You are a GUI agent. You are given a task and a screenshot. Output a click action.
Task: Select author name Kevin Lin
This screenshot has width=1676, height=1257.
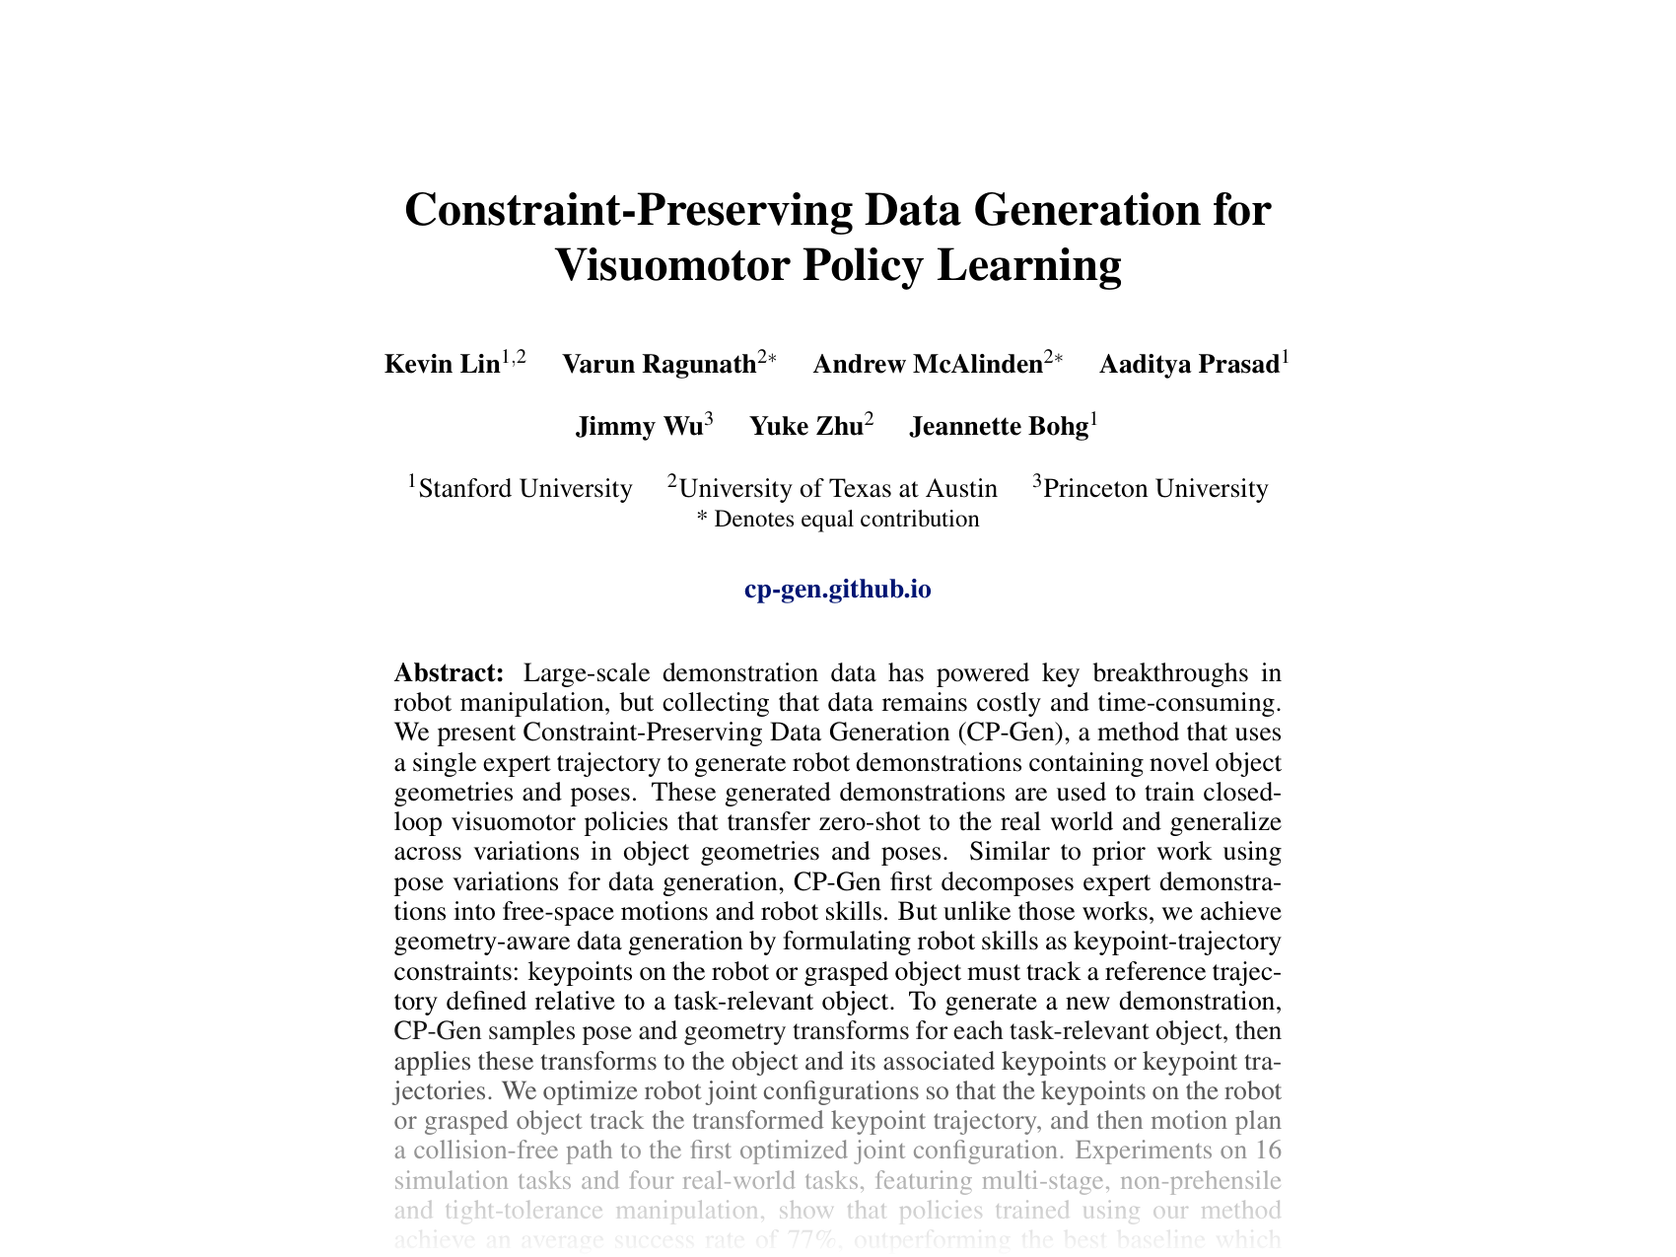[x=442, y=365]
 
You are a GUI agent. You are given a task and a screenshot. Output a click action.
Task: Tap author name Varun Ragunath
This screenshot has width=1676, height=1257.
[x=659, y=365]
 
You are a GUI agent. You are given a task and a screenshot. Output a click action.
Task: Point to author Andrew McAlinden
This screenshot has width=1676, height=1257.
[x=927, y=365]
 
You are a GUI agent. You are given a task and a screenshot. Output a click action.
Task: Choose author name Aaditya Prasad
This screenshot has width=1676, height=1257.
[x=1188, y=365]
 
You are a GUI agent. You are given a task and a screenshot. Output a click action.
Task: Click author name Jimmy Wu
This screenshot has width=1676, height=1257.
[x=639, y=427]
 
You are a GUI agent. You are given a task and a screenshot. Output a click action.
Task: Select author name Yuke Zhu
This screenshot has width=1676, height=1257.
[x=805, y=427]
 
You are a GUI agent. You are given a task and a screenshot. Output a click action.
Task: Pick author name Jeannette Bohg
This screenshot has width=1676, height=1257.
[x=998, y=427]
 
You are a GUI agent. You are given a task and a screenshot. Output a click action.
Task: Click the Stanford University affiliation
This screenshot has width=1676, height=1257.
[x=525, y=489]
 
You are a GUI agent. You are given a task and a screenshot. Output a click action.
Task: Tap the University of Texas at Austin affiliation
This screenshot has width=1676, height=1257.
[x=838, y=489]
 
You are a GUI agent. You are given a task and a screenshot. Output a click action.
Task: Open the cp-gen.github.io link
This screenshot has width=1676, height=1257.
[x=838, y=590]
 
